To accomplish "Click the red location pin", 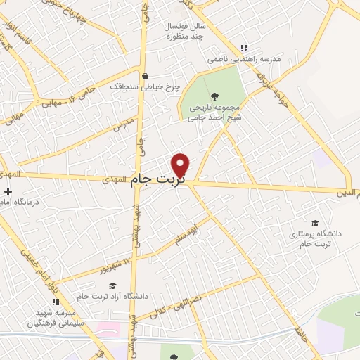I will click(181, 165).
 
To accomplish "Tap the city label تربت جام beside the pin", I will click(157, 181).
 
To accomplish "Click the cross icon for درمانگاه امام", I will click(7, 191).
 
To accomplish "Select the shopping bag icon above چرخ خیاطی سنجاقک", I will click(146, 77).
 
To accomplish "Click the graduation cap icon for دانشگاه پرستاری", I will click(314, 222).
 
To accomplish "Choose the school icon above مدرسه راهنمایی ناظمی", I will click(243, 48).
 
